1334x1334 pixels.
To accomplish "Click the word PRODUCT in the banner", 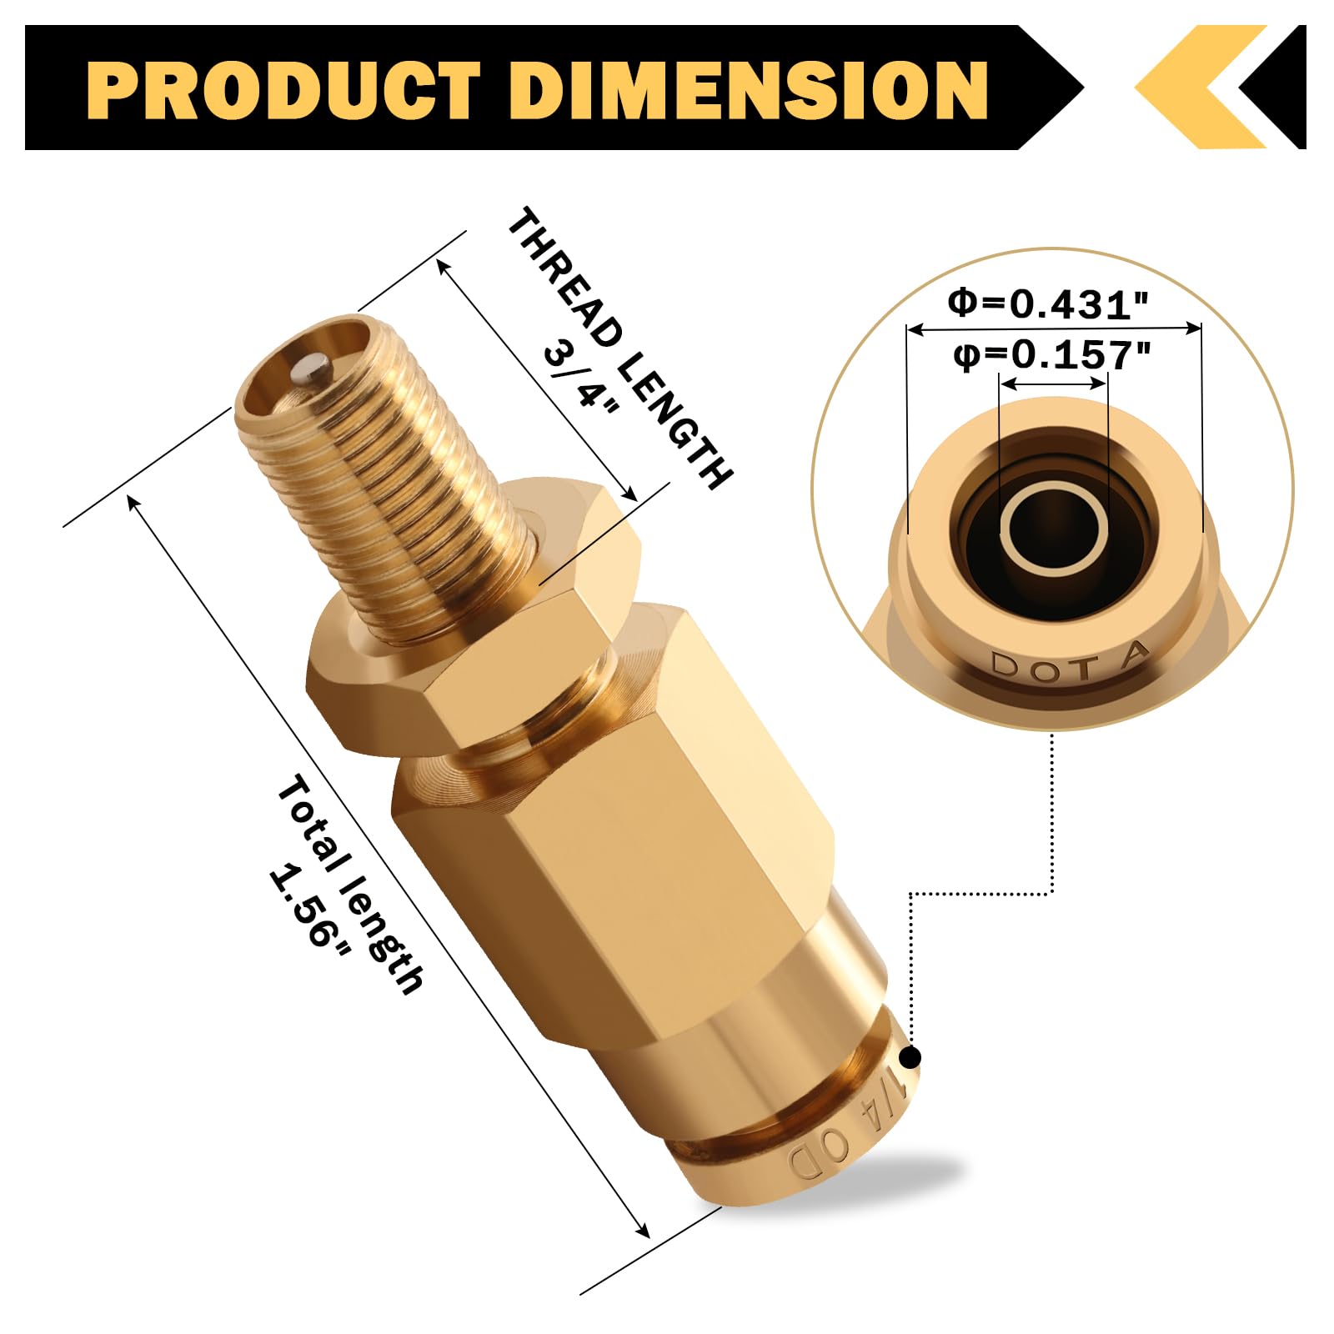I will [283, 89].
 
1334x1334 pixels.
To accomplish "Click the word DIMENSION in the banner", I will [748, 89].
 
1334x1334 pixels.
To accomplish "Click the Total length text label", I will [350, 884].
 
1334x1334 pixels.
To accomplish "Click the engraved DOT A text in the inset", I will [1070, 663].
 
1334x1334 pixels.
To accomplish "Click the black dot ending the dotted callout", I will [911, 1057].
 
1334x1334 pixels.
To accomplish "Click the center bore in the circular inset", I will [1053, 527].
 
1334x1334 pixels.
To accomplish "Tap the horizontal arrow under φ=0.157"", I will [1054, 384].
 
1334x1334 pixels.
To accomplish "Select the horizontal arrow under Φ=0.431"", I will [1054, 329].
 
